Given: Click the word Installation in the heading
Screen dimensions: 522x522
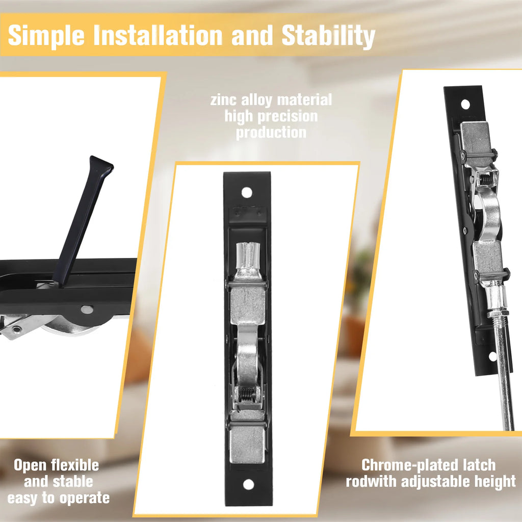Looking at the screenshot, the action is pos(158,35).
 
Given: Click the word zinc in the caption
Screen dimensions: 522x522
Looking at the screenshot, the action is pos(223,100).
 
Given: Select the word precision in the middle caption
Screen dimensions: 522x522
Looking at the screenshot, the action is pos(288,117).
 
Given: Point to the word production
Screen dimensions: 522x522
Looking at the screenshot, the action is pos(271,133).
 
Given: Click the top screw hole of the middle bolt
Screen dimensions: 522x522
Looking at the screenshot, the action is pos(247,192).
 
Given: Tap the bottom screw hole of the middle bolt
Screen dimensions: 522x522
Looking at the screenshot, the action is pos(248,484).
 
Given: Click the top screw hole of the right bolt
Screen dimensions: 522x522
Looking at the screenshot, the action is pos(465,105).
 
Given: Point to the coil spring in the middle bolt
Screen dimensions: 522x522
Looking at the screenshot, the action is pos(247,395).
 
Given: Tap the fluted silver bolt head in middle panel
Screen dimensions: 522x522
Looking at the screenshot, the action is pos(248,255).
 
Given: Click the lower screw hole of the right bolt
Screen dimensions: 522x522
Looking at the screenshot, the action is pos(493,356).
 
